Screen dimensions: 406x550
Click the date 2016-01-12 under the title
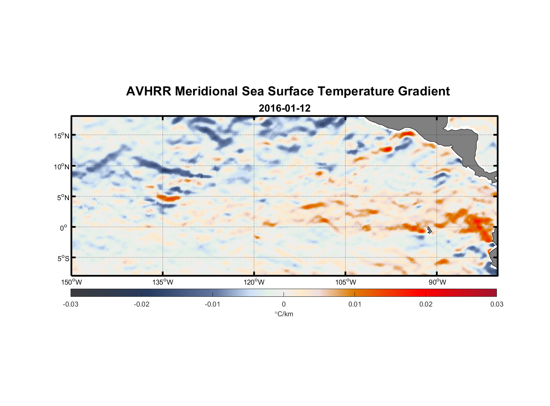(284, 108)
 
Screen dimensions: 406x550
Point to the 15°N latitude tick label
(62, 136)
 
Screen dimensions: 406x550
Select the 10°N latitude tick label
(62, 166)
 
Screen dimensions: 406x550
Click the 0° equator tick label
(63, 228)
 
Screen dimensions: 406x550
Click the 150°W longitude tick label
(71, 282)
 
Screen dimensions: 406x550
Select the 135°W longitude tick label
(163, 282)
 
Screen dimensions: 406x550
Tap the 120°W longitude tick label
(254, 282)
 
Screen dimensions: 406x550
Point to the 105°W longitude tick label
(346, 282)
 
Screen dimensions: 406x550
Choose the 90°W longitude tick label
(437, 282)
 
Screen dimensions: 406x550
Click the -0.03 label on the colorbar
(71, 304)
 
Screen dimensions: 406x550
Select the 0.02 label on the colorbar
(425, 304)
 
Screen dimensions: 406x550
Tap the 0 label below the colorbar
(284, 304)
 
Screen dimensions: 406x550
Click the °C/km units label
(284, 314)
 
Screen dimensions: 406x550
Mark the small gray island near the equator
(429, 230)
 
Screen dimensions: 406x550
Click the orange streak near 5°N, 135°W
(168, 199)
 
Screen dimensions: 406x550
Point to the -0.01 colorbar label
(213, 304)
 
